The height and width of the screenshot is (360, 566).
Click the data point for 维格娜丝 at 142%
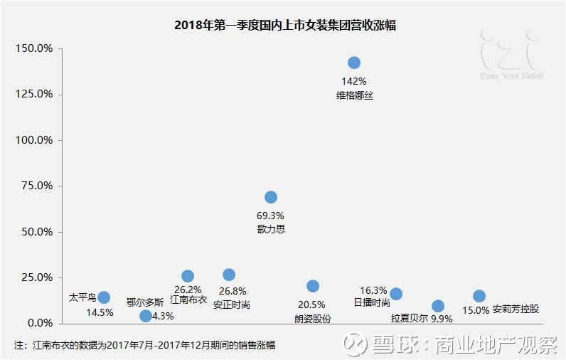pyautogui.click(x=353, y=63)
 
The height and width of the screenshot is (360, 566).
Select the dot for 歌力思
pyautogui.click(x=270, y=197)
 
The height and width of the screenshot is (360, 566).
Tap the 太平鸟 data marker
pyautogui.click(x=104, y=297)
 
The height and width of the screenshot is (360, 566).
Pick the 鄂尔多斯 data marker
pyautogui.click(x=146, y=316)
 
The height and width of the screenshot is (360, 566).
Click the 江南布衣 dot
pyautogui.click(x=188, y=276)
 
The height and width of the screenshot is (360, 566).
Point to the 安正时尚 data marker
pyautogui.click(x=229, y=275)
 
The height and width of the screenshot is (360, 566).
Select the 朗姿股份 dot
pyautogui.click(x=313, y=286)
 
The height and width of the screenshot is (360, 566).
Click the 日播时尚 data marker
pyautogui.click(x=396, y=294)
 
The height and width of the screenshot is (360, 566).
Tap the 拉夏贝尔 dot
pyautogui.click(x=438, y=306)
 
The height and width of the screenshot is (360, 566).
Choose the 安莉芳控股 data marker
pyautogui.click(x=479, y=296)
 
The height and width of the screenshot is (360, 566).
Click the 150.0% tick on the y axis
pyautogui.click(x=35, y=48)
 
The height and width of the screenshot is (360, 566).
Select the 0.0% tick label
pyautogui.click(x=40, y=324)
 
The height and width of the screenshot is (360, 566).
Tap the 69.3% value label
pyautogui.click(x=270, y=215)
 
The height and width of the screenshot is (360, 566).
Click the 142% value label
pyautogui.click(x=354, y=81)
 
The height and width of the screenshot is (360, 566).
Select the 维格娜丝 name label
pyautogui.click(x=354, y=95)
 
